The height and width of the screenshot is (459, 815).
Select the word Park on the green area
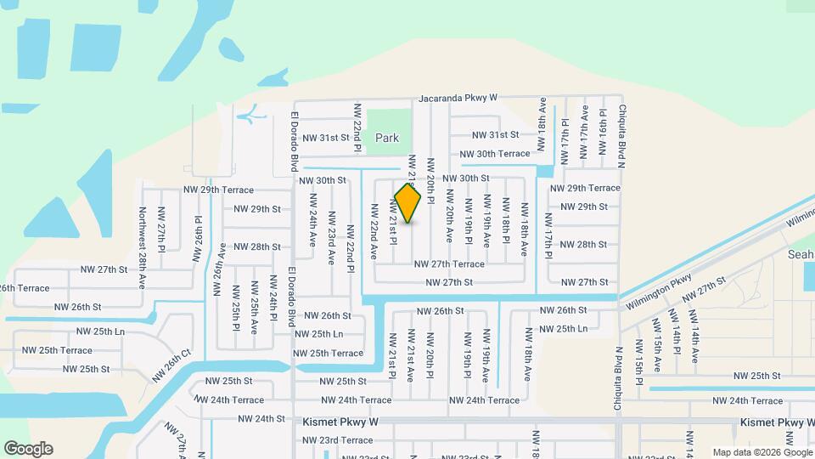(387, 138)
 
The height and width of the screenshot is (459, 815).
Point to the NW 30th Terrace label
(495, 154)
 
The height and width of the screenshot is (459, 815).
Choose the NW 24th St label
(261, 418)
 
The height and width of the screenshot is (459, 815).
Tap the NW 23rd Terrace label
(337, 440)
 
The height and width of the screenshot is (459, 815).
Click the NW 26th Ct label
(172, 365)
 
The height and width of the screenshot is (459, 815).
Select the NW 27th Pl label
(160, 228)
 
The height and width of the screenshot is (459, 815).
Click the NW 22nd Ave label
(373, 225)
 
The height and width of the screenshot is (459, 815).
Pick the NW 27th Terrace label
(448, 264)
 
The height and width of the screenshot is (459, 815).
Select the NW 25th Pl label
(235, 303)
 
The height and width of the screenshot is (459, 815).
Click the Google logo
(28, 449)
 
